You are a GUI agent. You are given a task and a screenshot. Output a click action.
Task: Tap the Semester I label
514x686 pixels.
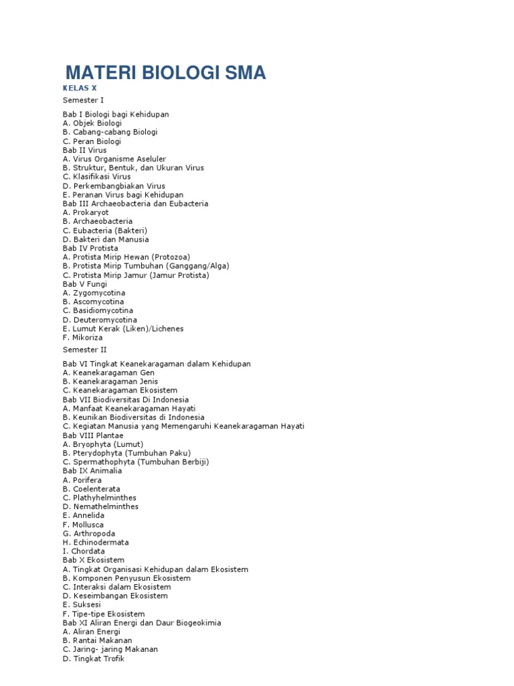pyautogui.click(x=84, y=100)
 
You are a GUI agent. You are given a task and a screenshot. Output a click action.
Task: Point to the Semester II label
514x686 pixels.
pyautogui.click(x=85, y=350)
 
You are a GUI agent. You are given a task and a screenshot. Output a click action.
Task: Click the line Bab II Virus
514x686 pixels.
pyautogui.click(x=85, y=150)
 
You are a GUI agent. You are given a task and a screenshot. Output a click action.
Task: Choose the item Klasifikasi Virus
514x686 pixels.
pyautogui.click(x=97, y=177)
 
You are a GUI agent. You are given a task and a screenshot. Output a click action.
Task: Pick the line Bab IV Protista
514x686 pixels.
pyautogui.click(x=90, y=249)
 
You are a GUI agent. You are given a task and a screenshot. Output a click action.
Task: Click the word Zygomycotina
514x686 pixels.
pyautogui.click(x=98, y=293)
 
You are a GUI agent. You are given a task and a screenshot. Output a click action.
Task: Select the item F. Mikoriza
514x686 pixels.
pyautogui.click(x=84, y=338)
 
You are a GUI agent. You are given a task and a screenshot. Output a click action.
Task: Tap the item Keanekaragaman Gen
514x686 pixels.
pyautogui.click(x=109, y=372)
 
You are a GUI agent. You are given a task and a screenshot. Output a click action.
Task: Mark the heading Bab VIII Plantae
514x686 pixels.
pyautogui.click(x=93, y=435)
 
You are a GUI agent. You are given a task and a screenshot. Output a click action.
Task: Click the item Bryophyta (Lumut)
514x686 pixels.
pyautogui.click(x=103, y=444)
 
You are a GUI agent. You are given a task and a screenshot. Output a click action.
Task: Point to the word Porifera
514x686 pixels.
pyautogui.click(x=87, y=480)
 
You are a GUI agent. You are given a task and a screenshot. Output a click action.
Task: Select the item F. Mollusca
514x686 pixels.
pyautogui.click(x=84, y=525)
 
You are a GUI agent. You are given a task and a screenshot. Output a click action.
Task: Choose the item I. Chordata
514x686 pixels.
pyautogui.click(x=84, y=551)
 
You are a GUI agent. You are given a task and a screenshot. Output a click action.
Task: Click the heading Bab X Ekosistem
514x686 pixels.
pyautogui.click(x=94, y=560)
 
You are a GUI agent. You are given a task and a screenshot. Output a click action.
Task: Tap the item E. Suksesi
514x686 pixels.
pyautogui.click(x=82, y=605)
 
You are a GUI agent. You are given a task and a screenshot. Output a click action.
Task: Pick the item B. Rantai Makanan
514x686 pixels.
pyautogui.click(x=98, y=640)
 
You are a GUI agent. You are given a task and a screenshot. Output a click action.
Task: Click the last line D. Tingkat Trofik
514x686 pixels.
pyautogui.click(x=94, y=659)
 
